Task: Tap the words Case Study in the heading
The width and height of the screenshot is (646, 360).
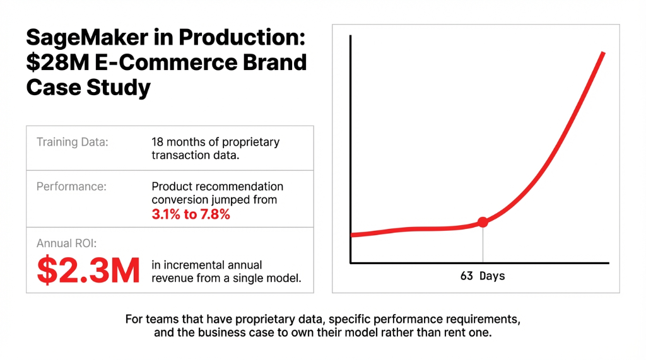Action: (x=88, y=87)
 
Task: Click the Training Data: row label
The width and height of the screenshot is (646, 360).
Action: (x=73, y=142)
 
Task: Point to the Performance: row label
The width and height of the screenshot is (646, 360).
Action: (x=72, y=187)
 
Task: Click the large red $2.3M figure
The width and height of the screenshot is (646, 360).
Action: (x=88, y=270)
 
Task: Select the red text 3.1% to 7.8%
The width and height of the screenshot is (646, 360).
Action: (x=191, y=214)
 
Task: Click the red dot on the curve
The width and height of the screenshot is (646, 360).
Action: (x=483, y=222)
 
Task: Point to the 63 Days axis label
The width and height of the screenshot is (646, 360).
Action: (x=483, y=276)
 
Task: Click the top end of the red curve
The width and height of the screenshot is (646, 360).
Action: (x=604, y=54)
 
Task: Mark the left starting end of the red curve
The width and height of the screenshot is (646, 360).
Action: (x=351, y=235)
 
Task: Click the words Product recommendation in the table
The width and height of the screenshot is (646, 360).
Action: (x=218, y=187)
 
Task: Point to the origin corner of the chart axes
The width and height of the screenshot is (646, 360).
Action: (x=350, y=262)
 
